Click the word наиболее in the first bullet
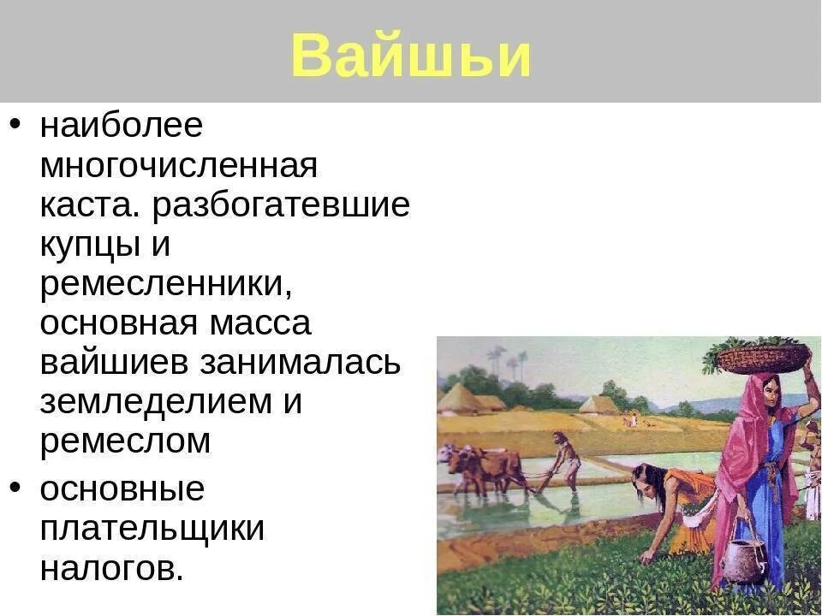pos(121,126)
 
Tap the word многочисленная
pos(178,165)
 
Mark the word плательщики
pos(152,528)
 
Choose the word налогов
pos(111,568)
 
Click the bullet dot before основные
pos(16,487)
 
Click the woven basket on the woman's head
pos(762,356)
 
